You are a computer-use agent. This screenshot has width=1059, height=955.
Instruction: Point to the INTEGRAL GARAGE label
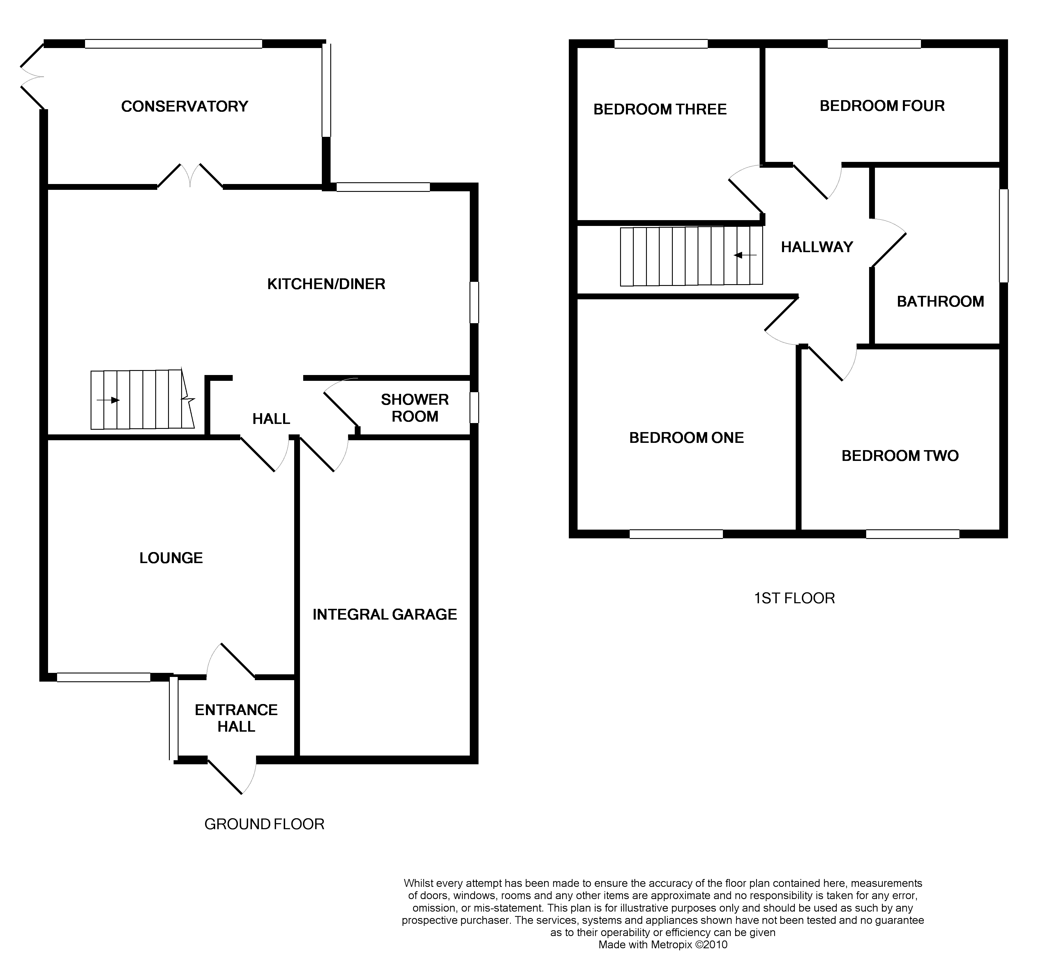tap(385, 614)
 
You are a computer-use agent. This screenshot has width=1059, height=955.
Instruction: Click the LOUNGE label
tap(171, 558)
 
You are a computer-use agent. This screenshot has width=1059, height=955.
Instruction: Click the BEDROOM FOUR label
tap(882, 106)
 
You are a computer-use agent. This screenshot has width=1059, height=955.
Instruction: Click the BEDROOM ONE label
tap(686, 438)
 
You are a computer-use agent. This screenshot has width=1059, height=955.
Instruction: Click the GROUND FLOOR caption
tap(264, 824)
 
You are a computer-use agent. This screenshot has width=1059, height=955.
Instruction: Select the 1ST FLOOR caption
tap(794, 598)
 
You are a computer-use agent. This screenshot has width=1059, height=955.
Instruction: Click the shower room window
tap(474, 408)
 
